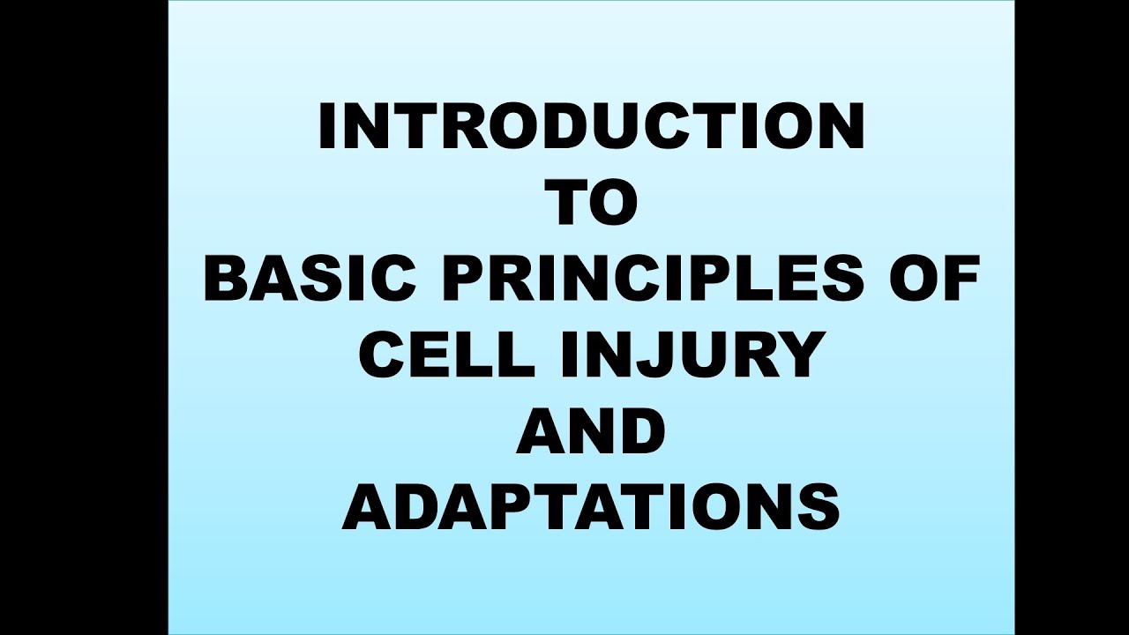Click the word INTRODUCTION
click(x=591, y=127)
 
